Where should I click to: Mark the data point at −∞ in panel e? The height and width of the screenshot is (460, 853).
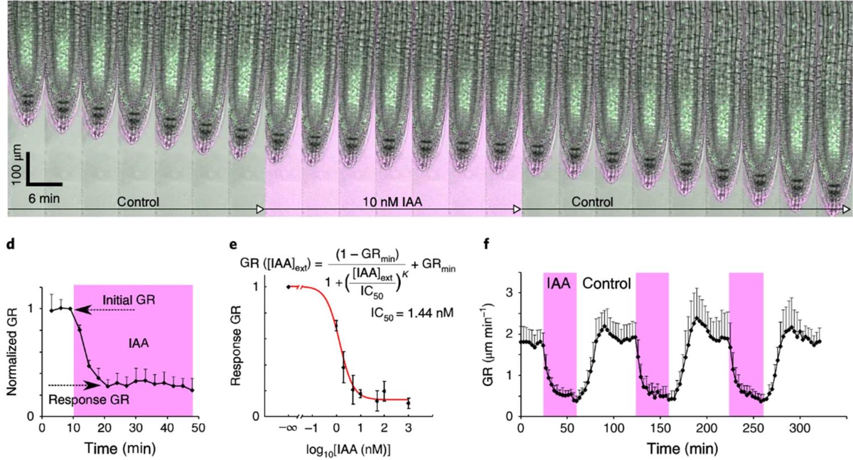point(288,287)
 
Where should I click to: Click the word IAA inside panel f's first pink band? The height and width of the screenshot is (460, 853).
point(560,282)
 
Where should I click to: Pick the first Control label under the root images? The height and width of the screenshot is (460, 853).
point(138,202)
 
